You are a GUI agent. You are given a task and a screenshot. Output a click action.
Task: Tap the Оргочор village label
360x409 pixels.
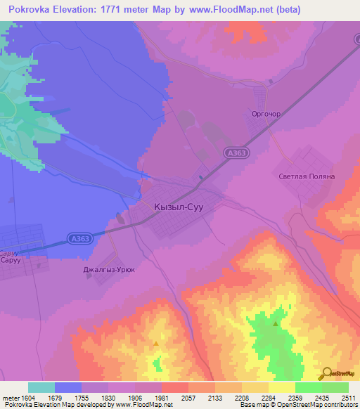coord(266,112)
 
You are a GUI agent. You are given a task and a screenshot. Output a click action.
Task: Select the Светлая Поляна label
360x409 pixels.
coord(306,177)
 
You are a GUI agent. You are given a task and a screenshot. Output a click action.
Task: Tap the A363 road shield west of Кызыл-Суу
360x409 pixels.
coord(80,239)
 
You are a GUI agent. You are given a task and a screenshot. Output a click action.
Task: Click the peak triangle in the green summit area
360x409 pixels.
coord(275,324)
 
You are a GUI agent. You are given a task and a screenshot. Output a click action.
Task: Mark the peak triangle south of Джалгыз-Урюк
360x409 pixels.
coord(155,342)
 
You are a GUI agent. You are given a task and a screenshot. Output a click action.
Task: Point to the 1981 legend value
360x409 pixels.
coord(162,397)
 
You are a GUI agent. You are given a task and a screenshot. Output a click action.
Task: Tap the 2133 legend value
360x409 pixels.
coord(214,397)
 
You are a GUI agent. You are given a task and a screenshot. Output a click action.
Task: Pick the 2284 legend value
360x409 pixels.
coord(268,397)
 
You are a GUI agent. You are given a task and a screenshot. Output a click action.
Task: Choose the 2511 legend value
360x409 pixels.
coord(347,397)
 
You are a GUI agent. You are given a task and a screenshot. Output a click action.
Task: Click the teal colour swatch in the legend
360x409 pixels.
coord(41,387)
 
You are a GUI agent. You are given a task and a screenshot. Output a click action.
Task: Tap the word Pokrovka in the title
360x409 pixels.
coord(27,10)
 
